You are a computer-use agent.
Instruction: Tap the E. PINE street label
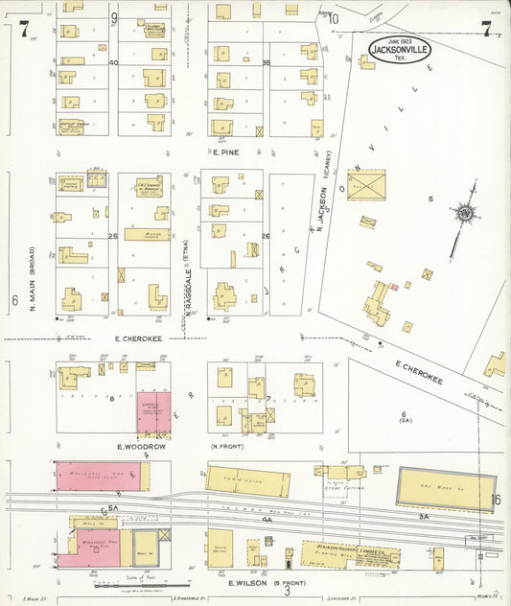[225, 151]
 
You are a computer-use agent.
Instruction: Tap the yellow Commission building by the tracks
[247, 480]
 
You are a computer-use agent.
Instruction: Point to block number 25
[113, 235]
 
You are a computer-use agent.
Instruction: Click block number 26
[266, 235]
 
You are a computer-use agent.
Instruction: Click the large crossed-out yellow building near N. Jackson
[365, 184]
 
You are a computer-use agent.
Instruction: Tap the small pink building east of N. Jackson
[392, 286]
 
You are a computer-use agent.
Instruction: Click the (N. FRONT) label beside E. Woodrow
[223, 446]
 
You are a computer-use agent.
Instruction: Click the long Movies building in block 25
[147, 234]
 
